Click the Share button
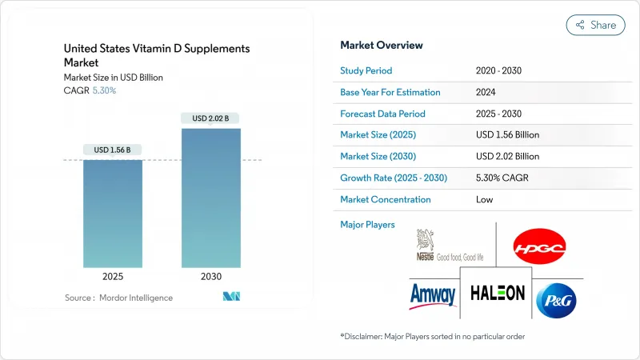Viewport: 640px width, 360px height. [596, 25]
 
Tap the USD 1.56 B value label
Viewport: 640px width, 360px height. [113, 150]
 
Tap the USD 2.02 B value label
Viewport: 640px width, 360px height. [211, 119]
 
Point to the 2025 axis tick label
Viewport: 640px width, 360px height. [113, 277]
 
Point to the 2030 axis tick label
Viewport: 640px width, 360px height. [211, 277]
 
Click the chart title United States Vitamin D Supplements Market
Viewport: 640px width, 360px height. [157, 55]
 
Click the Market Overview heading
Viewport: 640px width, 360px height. [382, 46]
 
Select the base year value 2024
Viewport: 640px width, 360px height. [486, 92]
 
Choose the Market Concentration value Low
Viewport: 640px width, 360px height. [484, 198]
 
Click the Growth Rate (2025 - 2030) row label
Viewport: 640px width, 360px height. [394, 177]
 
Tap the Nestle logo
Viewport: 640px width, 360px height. [449, 246]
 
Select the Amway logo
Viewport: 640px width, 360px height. [432, 294]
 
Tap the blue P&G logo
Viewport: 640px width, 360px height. [558, 298]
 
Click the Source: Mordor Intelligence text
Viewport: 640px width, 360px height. [118, 298]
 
